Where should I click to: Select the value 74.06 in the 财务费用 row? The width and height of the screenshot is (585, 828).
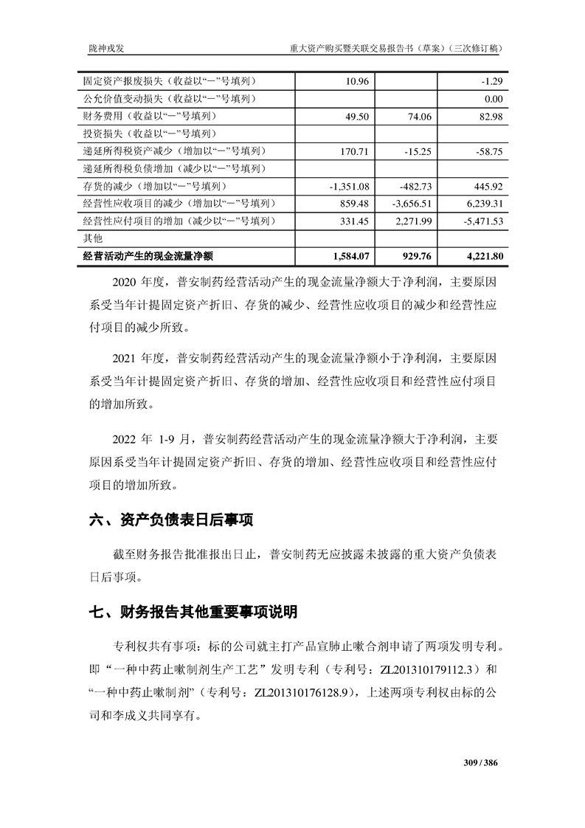tap(418, 117)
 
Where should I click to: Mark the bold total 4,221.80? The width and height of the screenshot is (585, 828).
tap(484, 257)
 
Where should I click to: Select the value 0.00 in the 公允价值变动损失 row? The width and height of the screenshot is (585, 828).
tap(493, 99)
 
